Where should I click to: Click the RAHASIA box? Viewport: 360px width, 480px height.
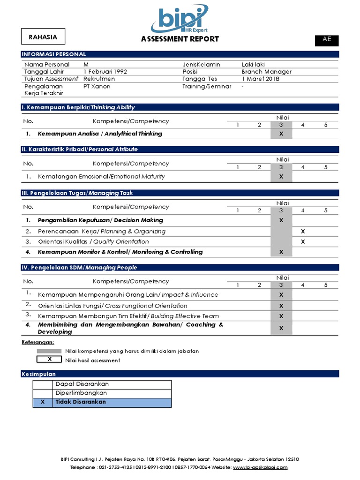(x=43, y=37)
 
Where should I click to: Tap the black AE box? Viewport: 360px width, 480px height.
(x=327, y=40)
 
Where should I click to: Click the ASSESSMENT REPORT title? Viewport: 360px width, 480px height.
(x=180, y=39)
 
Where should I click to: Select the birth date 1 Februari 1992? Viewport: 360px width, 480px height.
(x=105, y=72)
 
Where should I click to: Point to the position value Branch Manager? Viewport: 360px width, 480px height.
(x=266, y=72)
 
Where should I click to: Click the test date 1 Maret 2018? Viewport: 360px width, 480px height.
(x=260, y=79)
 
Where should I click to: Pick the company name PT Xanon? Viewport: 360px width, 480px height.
(x=97, y=87)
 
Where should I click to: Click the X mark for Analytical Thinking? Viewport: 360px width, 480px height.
(x=281, y=134)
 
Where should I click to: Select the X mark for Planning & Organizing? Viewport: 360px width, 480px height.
(x=303, y=232)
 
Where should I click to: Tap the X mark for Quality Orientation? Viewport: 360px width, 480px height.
(x=303, y=242)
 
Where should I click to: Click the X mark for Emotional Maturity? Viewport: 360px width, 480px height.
(x=281, y=177)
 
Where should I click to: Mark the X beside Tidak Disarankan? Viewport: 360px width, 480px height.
(x=43, y=402)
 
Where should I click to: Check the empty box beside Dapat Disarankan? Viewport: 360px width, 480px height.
(x=43, y=384)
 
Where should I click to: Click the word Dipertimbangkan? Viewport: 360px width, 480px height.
(x=81, y=393)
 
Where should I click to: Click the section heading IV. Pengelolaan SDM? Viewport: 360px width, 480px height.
(x=80, y=268)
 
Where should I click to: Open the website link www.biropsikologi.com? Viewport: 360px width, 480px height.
(x=260, y=467)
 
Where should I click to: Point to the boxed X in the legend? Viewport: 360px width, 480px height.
(x=49, y=360)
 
